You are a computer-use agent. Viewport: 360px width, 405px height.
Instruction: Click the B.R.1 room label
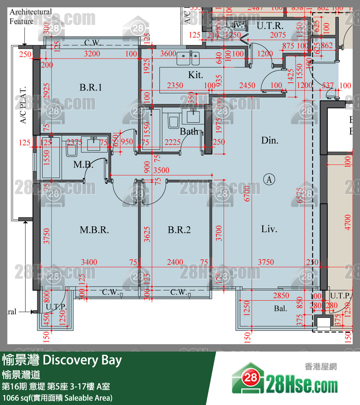[x=91, y=88]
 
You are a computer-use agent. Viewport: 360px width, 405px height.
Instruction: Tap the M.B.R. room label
[x=94, y=230]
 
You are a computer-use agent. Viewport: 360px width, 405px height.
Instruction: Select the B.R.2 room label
[x=179, y=230]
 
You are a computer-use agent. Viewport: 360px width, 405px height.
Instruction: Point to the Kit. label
[x=195, y=75]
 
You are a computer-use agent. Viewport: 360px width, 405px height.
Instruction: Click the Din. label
[x=270, y=140]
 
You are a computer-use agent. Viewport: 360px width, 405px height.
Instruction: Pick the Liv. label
[x=269, y=229]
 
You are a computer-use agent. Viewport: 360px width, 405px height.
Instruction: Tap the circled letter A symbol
[x=269, y=179]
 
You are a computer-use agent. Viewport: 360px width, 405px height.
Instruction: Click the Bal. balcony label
[x=280, y=309]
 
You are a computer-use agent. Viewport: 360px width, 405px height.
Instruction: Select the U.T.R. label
[x=270, y=26]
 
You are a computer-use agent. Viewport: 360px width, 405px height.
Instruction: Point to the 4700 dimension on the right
[x=348, y=222]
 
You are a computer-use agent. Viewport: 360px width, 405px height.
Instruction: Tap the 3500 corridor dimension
[x=161, y=171]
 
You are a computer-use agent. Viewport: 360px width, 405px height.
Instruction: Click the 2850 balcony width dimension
[x=281, y=296]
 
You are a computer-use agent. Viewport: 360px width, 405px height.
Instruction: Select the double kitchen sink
[x=188, y=59]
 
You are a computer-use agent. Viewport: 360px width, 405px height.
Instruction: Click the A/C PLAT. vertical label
[x=23, y=105]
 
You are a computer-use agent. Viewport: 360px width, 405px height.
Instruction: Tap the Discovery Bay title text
[x=62, y=360]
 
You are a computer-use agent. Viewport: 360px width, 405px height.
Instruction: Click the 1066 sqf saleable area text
[x=57, y=398]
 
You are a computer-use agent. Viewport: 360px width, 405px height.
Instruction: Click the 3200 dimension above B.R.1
[x=92, y=54]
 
